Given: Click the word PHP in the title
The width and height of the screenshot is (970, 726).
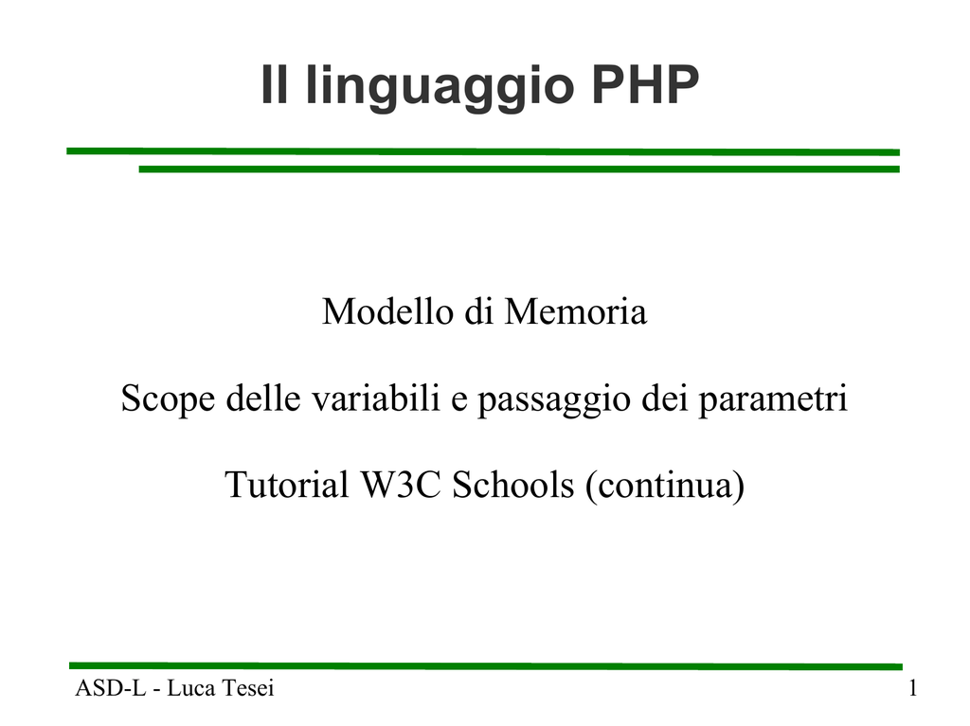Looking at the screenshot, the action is point(645,84).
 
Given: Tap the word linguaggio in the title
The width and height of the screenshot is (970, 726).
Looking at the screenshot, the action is point(440,87).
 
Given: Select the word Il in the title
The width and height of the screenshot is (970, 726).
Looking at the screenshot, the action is point(275,84).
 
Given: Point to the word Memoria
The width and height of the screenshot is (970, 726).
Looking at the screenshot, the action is point(575,311).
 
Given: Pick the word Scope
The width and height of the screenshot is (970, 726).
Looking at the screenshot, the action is point(168,398).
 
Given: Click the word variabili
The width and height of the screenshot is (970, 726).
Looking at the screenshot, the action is point(375,398).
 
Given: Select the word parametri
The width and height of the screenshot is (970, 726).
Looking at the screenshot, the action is point(773,400).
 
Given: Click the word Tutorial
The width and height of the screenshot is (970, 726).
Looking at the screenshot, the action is point(287,485).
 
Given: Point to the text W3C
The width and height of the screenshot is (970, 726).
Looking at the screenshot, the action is point(401,485).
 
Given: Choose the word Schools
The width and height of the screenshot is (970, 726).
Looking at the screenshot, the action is point(513,485).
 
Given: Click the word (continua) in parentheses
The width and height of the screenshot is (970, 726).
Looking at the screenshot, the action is point(665,486).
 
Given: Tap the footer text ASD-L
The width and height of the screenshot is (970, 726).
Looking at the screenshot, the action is point(110,688).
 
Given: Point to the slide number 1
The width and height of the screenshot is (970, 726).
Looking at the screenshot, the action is point(912,688).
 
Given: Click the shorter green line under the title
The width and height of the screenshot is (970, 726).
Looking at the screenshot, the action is point(519,168).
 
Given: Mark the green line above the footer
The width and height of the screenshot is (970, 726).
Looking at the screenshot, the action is point(486,666).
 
